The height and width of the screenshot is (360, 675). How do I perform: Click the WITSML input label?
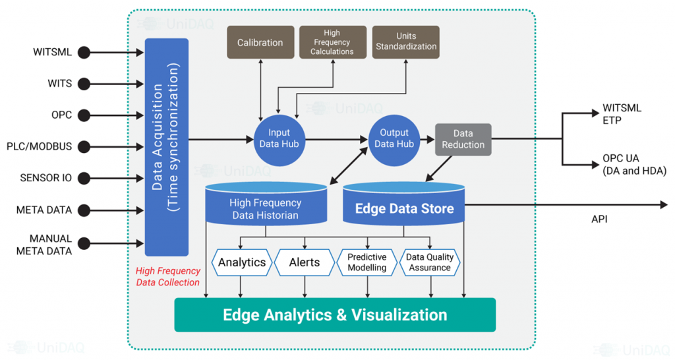pyautogui.click(x=52, y=52)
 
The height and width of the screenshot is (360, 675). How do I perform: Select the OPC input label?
pyautogui.click(x=61, y=115)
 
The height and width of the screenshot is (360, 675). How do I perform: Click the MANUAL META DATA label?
pyautogui.click(x=50, y=243)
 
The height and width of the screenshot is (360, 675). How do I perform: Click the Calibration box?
pyautogui.click(x=260, y=42)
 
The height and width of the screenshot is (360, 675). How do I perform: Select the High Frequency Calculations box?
pyautogui.click(x=332, y=42)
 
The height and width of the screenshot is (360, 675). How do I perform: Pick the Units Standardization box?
pyautogui.click(x=406, y=42)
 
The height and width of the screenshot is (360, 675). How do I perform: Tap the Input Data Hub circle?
pyautogui.click(x=279, y=138)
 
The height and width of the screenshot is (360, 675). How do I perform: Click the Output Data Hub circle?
pyautogui.click(x=394, y=138)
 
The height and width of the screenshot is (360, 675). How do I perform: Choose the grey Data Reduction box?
pyautogui.click(x=463, y=139)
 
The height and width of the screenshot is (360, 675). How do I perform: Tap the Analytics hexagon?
pyautogui.click(x=242, y=262)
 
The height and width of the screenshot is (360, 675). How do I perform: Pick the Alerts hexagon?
pyautogui.click(x=305, y=262)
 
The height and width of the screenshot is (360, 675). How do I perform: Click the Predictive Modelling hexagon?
pyautogui.click(x=367, y=262)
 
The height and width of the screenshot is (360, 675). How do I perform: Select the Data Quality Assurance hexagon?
pyautogui.click(x=428, y=262)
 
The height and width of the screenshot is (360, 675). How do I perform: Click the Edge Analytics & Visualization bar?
pyautogui.click(x=335, y=315)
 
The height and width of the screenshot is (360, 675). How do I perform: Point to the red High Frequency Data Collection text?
pyautogui.click(x=167, y=277)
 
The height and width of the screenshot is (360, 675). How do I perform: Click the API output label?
pyautogui.click(x=599, y=219)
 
